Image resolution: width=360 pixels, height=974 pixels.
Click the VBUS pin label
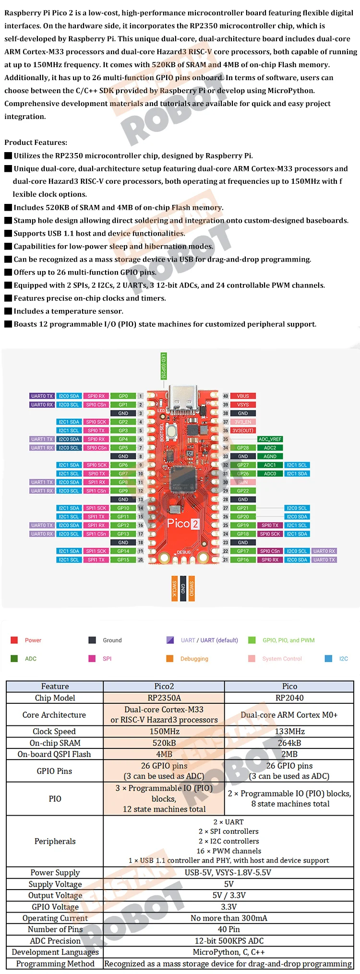pos(243,396)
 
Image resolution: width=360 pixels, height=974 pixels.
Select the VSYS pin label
pos(243,404)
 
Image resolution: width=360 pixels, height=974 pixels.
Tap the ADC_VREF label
pos(270,439)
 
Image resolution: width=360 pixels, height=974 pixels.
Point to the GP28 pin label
pos(243,448)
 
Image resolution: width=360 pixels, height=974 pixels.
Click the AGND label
pos(270,456)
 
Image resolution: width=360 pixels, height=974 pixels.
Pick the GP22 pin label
pos(243,491)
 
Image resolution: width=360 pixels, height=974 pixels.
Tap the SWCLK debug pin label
pos(174,588)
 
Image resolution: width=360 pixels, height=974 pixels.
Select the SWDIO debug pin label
pos(192,588)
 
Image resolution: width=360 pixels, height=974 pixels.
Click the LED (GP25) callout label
pos(163,366)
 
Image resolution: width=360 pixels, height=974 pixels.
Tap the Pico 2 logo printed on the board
pos(182,523)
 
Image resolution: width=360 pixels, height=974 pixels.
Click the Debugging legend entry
pos(194,659)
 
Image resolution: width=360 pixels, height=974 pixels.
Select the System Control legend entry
pos(282,659)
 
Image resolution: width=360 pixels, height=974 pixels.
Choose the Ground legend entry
pos(112,640)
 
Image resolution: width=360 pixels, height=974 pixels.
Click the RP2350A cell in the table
pos(164,698)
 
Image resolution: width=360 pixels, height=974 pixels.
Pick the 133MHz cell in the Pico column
pos(289,731)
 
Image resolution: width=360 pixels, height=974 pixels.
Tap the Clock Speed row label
pos(55,731)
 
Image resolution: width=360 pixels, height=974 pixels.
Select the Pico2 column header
pos(164,686)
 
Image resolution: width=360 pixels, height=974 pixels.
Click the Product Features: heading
pos(36,143)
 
